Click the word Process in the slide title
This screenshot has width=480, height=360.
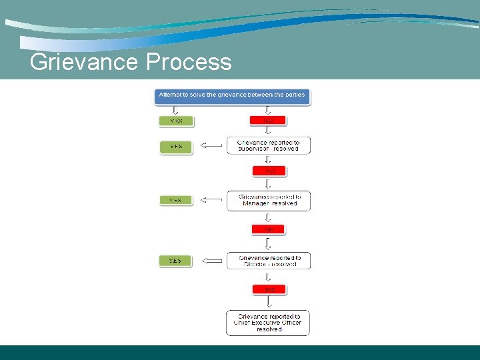pos(189,62)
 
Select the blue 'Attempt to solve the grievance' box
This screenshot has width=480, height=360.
pos(232,95)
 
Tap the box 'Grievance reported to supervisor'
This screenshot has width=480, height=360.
pos(268,145)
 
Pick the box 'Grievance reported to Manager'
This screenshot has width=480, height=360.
pos(268,201)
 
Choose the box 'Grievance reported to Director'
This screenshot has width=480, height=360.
pos(268,261)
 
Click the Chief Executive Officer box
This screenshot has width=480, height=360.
pos(268,323)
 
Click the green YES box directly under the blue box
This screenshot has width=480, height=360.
pos(176,121)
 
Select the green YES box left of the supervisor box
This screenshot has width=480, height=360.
pos(176,147)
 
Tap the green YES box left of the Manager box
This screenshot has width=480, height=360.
pos(176,200)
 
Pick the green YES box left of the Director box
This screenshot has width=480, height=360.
pos(176,261)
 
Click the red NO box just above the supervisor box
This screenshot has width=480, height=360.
pos(269,121)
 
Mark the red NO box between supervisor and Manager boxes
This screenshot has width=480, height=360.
pos(269,171)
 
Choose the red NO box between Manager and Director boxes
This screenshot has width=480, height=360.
pos(269,229)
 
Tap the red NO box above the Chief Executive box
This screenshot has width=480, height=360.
pos(269,290)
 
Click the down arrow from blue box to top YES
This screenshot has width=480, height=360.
pos(176,110)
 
